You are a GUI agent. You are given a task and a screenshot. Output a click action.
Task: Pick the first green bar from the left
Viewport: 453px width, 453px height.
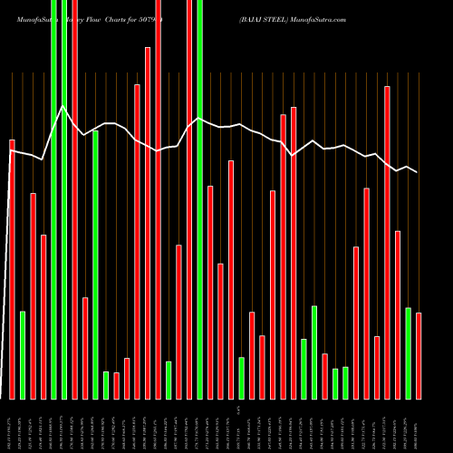point(23,354)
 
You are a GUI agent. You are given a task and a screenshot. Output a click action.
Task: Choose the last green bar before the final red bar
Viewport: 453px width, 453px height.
point(408,353)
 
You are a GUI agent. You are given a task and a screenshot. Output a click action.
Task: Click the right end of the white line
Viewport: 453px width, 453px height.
point(417,171)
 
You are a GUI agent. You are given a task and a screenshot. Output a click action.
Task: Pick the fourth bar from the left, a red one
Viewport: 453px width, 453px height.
point(43,316)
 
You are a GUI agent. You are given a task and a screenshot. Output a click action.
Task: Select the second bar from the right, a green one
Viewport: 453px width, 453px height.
point(408,353)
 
